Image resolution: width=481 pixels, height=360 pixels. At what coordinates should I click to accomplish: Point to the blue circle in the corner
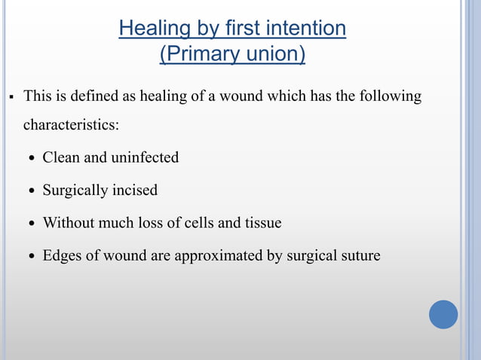click(443, 314)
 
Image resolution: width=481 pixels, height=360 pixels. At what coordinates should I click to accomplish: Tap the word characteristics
click(71, 124)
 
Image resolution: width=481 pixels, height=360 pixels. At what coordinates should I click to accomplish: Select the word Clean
click(63, 157)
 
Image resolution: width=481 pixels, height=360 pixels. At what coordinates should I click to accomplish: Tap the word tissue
click(261, 223)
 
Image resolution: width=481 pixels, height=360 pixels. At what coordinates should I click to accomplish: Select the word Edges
click(63, 256)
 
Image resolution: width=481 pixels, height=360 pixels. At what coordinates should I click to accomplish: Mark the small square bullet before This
click(12, 97)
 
